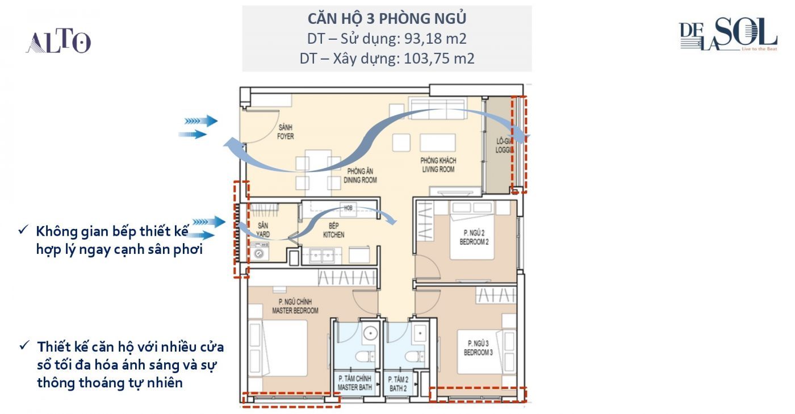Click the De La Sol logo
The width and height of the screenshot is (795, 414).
[x=728, y=35]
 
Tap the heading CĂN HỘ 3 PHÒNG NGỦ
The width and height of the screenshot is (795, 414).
[x=387, y=19]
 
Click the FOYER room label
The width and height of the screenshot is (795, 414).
[x=285, y=136]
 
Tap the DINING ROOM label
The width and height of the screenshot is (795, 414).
[x=360, y=180]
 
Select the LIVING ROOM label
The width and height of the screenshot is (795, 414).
[x=438, y=169]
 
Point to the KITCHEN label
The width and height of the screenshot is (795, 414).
[x=334, y=235]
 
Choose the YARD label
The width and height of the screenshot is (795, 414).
[x=263, y=235]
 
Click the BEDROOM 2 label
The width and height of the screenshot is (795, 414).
[x=474, y=242]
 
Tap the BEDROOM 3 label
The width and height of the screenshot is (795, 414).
[x=478, y=353]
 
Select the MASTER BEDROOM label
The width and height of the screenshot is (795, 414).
[x=295, y=311]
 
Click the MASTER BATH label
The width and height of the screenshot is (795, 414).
[x=354, y=387]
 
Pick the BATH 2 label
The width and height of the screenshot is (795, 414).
[x=398, y=388]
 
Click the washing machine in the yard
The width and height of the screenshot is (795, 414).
[x=259, y=252]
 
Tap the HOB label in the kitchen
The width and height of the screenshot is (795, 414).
[x=348, y=208]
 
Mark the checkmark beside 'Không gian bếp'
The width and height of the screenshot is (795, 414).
[x=23, y=230]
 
